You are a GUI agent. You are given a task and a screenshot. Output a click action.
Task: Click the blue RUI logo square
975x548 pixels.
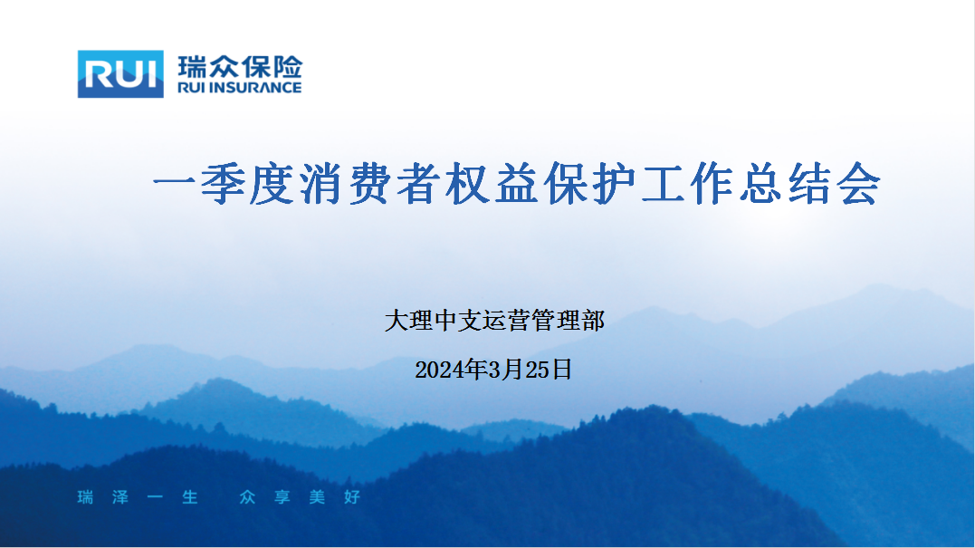click(x=120, y=74)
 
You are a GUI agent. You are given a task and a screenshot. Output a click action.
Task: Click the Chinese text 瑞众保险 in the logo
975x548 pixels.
click(x=240, y=67)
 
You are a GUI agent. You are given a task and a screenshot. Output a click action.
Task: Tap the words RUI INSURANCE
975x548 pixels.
click(x=239, y=88)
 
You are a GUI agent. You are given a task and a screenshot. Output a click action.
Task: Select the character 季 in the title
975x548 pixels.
click(x=223, y=184)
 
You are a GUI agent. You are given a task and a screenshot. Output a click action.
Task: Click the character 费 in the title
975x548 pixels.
click(x=370, y=184)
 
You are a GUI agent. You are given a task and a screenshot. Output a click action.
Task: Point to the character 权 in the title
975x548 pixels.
click(x=468, y=184)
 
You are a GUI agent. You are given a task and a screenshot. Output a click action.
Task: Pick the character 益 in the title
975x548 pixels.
click(x=517, y=184)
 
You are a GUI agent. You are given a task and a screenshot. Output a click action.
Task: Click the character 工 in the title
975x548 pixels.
click(x=664, y=184)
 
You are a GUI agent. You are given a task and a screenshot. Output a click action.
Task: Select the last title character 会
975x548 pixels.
click(x=860, y=184)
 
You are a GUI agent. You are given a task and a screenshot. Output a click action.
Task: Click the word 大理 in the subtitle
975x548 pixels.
click(x=408, y=321)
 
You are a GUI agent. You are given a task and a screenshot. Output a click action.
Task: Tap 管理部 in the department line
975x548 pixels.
click(x=569, y=321)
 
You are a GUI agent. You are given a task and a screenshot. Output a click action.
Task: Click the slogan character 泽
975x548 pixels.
click(x=120, y=497)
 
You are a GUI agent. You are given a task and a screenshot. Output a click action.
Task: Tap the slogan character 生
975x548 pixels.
click(x=189, y=497)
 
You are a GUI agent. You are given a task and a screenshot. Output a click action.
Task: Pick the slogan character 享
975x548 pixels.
click(x=282, y=497)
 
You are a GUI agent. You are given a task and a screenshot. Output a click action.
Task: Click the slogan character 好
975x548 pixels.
click(x=352, y=497)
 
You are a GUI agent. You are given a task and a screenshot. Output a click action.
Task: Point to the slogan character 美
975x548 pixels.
click(x=317, y=497)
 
